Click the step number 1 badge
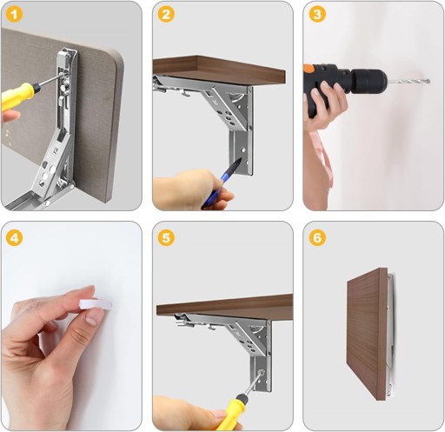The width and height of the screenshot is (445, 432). point(14,15)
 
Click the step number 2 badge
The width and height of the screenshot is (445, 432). point(166,15)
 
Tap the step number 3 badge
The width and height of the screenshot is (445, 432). point(317,15)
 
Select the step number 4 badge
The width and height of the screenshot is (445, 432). point(14,238)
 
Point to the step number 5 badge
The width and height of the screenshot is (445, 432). point(166,238)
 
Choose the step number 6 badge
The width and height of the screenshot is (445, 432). point(317,238)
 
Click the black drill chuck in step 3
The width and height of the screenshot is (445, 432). point(369,81)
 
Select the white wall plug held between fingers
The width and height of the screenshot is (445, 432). point(96,305)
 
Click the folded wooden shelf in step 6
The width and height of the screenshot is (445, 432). point(367,333)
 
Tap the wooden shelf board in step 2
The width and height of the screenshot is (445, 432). point(219,70)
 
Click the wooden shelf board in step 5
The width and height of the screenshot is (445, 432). point(225,308)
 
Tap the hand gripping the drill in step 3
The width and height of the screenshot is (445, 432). point(324,105)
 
